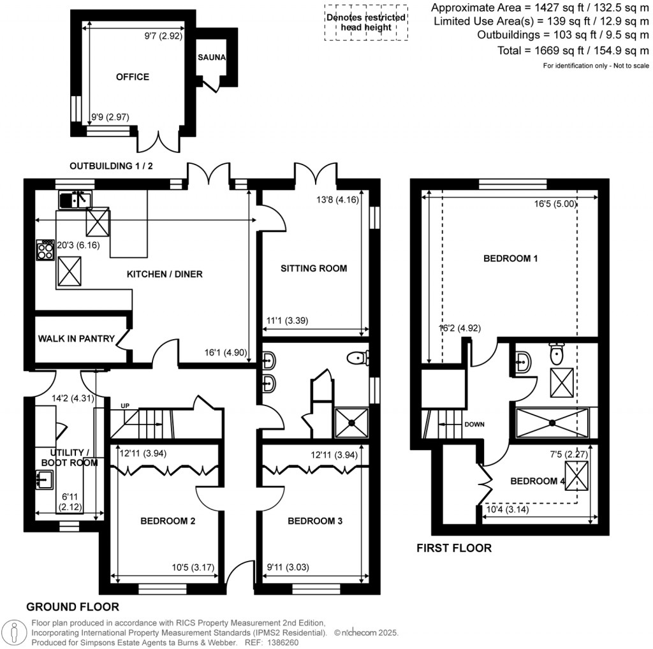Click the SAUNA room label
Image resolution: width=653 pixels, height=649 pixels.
coord(212,57)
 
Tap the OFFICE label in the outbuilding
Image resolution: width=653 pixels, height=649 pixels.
coord(133,77)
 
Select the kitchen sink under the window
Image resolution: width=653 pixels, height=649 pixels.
coord(75,200)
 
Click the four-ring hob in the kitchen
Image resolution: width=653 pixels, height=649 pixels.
coord(45,249)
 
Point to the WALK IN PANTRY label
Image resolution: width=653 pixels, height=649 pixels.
coord(75,339)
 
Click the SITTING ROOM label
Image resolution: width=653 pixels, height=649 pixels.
coord(314,268)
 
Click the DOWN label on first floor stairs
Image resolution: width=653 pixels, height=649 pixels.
coord(475,423)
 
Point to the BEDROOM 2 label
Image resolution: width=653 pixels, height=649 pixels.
coord(168,521)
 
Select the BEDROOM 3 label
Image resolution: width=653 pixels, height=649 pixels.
coord(315,521)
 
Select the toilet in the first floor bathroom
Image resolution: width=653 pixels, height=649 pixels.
coord(557,352)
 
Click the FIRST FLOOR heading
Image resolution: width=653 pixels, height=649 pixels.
coord(453,548)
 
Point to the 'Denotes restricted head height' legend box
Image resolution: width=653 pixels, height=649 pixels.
coord(365,22)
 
